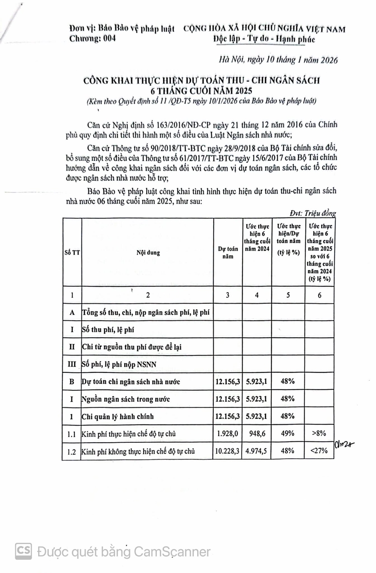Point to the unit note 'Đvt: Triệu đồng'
(x=313, y=213)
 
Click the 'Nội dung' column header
(x=148, y=253)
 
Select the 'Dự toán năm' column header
(x=228, y=253)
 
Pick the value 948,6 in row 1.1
(x=257, y=434)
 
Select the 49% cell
(x=288, y=434)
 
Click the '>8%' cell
(x=319, y=434)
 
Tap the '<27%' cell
(x=319, y=451)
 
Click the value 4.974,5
(x=257, y=451)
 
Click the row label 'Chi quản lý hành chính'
(x=118, y=417)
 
